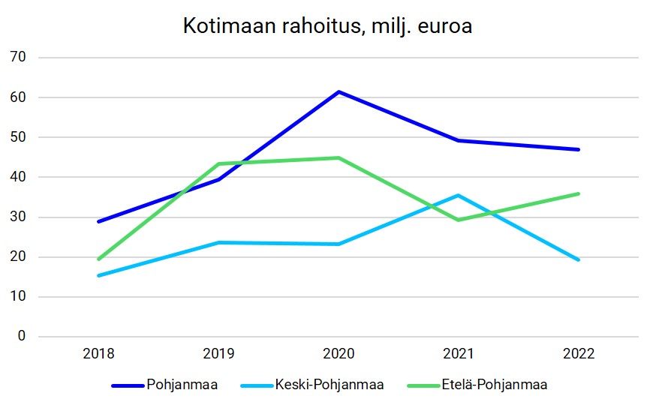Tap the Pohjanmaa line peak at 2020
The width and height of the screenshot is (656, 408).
[x=339, y=91]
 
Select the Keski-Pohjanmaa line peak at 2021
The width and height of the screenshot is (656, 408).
[x=459, y=195]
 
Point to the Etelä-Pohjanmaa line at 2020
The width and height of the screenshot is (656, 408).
[x=339, y=157]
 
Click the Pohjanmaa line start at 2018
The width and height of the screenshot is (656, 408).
[x=98, y=221]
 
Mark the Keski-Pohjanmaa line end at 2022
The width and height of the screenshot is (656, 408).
[x=579, y=259]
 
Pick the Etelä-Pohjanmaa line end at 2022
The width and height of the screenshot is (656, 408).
[x=579, y=193]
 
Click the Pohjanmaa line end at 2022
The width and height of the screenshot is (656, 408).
[x=579, y=149]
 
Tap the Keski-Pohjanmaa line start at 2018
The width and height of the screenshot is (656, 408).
[x=98, y=275]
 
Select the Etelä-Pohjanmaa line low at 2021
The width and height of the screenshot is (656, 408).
[x=459, y=220]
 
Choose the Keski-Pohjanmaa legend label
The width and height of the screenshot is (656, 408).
[x=329, y=385]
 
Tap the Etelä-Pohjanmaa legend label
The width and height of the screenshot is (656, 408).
[x=493, y=385]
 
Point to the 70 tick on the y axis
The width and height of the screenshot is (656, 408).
[x=18, y=58]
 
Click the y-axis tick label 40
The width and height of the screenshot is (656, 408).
[x=18, y=177]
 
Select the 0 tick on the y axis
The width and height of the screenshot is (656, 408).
[x=21, y=337]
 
